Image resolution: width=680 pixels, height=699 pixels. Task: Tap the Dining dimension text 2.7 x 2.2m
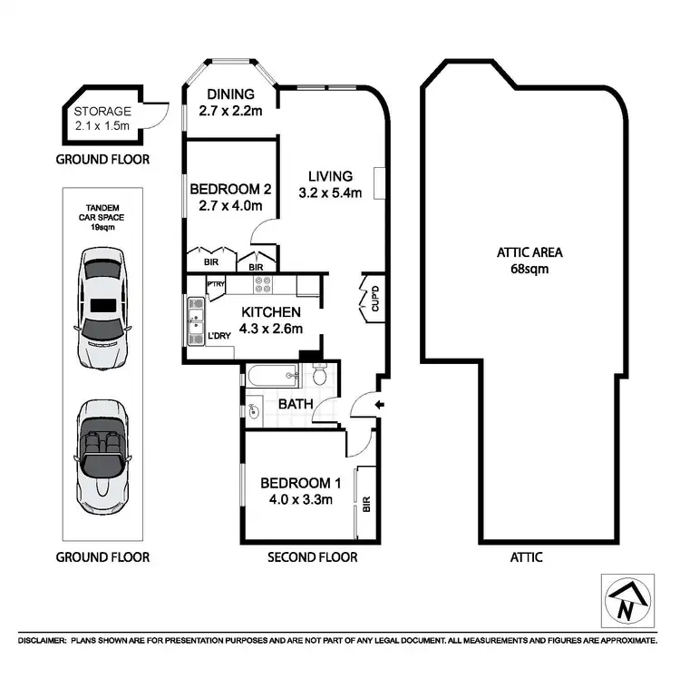[230, 113]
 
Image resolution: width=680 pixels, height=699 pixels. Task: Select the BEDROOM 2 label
[230, 190]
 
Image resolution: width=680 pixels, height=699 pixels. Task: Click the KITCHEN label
[271, 311]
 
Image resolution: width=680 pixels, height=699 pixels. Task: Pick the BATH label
[296, 403]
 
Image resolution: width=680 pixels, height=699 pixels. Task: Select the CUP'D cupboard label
[375, 300]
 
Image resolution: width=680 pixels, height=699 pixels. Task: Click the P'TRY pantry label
[216, 285]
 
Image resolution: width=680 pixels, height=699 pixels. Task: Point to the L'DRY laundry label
[220, 337]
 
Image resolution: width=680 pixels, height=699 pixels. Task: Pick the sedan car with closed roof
[102, 309]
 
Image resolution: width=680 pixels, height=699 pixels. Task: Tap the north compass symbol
[626, 600]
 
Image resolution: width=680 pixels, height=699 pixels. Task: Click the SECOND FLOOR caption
[312, 556]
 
